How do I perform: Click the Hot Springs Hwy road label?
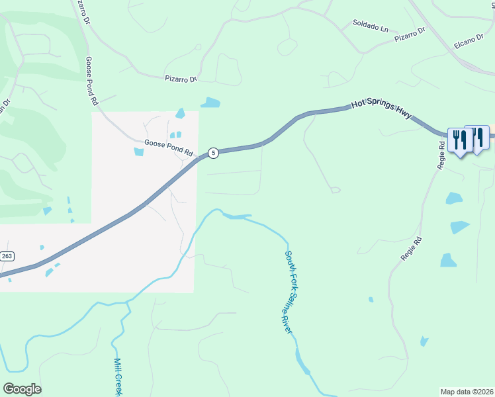click(x=381, y=109)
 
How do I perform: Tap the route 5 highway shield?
click(x=212, y=153)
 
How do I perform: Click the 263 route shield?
click(x=7, y=256)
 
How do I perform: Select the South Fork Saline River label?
click(x=289, y=290)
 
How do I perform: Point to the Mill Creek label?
click(x=119, y=376)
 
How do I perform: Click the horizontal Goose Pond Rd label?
click(x=168, y=147)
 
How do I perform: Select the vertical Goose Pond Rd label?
click(x=91, y=81)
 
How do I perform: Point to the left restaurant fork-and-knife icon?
click(x=460, y=140)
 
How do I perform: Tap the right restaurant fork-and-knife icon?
click(x=476, y=137)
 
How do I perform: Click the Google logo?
click(x=22, y=389)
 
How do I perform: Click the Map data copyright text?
click(x=467, y=392)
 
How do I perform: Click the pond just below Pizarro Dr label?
click(x=210, y=103)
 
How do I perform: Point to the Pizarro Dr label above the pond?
click(x=181, y=79)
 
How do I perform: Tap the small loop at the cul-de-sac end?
click(x=336, y=191)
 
